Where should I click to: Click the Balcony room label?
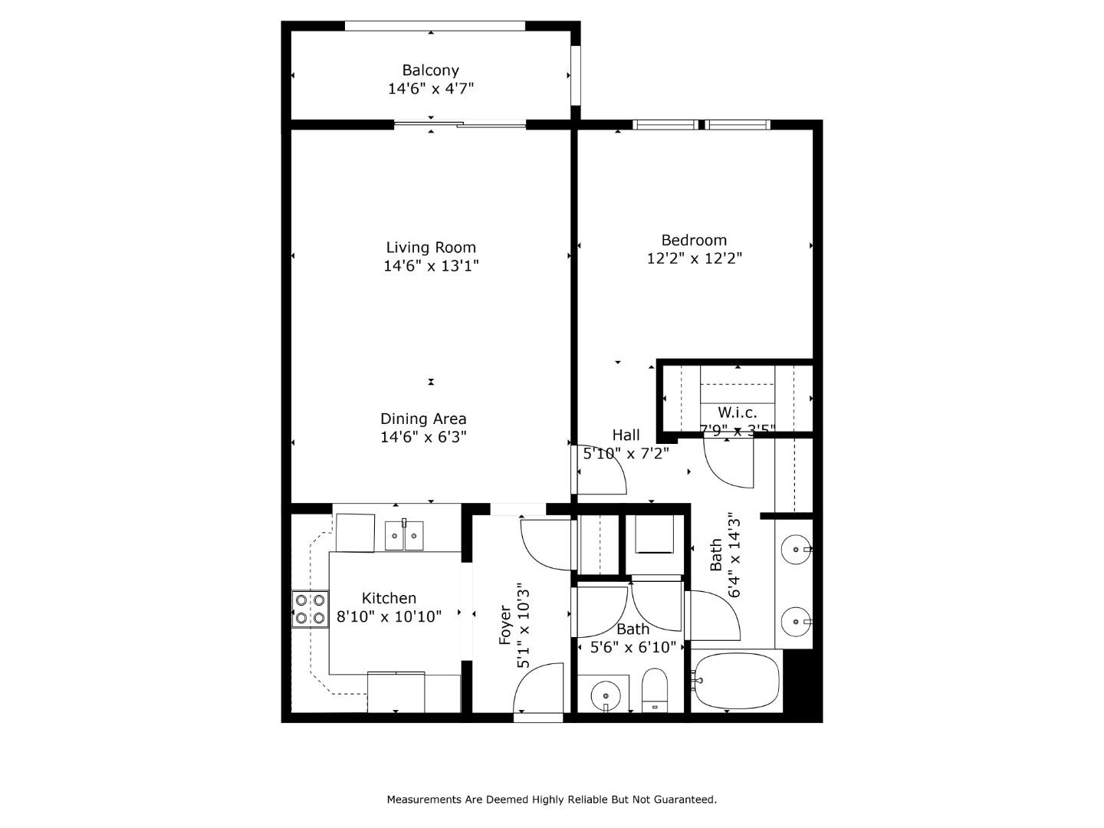pos(430,71)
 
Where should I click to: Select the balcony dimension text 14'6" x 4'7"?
pos(430,89)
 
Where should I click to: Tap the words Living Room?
pos(430,248)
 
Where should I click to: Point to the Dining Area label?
pos(423,419)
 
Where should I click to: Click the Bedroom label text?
pos(694,240)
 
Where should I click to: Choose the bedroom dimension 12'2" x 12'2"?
pos(694,258)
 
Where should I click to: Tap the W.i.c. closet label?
pos(737,413)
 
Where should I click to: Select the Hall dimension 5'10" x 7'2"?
pos(626,453)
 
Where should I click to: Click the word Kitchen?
pos(389,598)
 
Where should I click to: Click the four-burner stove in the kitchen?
pos(310,609)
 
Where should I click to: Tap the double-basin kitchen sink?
pos(404,534)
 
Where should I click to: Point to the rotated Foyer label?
pos(505,624)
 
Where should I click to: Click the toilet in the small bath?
pos(655,691)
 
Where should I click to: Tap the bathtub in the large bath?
pos(737,681)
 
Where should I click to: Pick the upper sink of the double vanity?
pos(796,550)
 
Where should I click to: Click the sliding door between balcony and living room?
pos(460,124)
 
